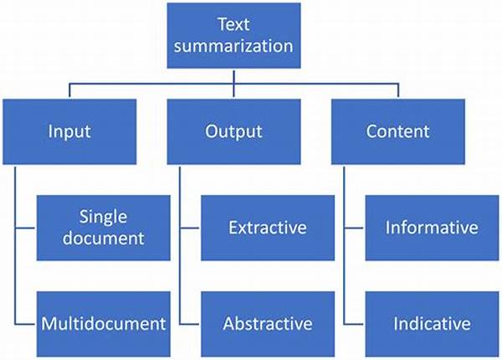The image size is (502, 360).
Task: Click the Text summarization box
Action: pos(233,35)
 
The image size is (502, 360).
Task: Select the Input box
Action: pos(69,131)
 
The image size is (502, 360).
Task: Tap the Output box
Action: pos(233,131)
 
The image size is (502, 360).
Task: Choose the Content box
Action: pos(398,131)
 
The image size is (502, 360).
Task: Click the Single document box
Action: pos(104,228)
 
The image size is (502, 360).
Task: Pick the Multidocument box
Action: pos(104,324)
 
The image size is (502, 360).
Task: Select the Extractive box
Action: pos(268,228)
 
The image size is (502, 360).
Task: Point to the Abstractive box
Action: pos(268,324)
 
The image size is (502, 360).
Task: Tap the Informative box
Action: pos(432,228)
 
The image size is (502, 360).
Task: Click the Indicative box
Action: pos(432,324)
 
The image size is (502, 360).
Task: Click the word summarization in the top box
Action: pos(233,46)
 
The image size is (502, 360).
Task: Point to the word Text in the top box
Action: pos(233,24)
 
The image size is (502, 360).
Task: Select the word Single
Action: pos(103,218)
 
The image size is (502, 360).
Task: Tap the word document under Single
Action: pos(104,239)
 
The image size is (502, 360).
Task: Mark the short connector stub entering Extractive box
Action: pos(190,228)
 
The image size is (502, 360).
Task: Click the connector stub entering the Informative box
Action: pos(355,228)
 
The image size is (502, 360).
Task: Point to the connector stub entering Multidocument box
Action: pos(26,324)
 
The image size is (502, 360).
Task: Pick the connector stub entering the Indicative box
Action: pos(355,324)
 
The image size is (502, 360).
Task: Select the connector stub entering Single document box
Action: pos(26,228)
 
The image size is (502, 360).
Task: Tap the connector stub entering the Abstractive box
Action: pos(190,324)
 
